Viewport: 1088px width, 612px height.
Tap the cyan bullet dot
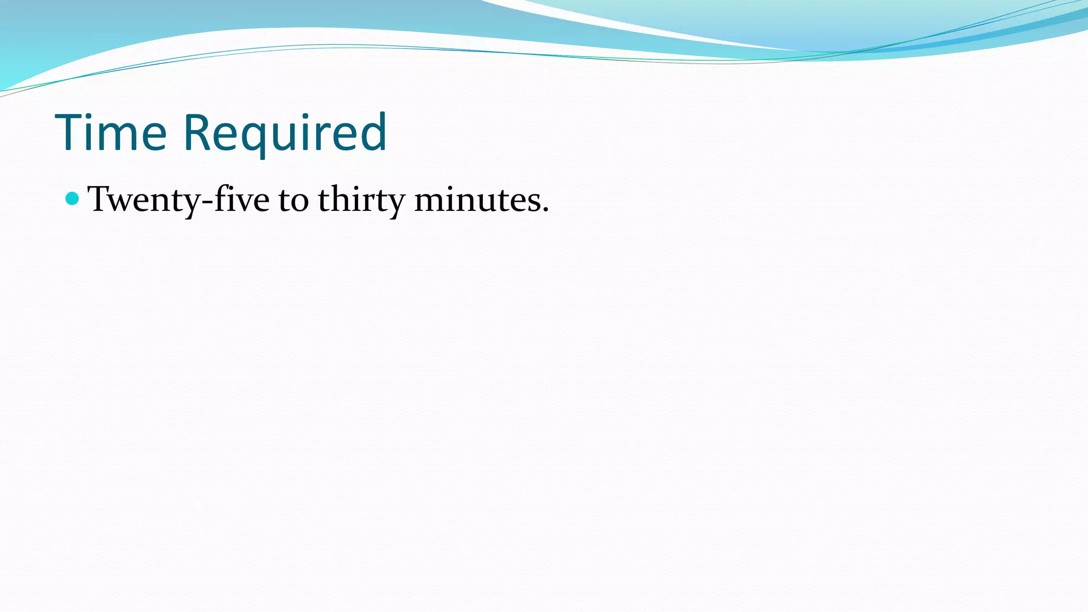click(x=72, y=199)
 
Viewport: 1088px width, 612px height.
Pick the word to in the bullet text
click(x=293, y=200)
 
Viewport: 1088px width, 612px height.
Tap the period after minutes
click(x=545, y=210)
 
